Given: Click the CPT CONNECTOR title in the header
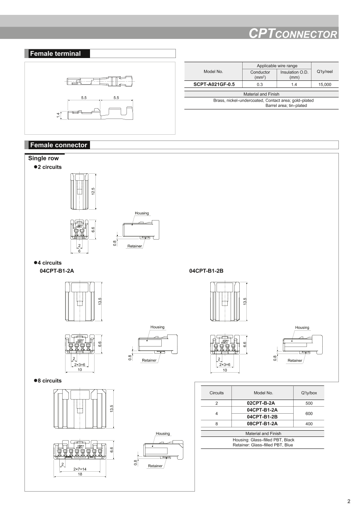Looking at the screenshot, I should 293,34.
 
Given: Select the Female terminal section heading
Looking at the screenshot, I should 55,53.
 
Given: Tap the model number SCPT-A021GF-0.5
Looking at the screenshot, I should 214,84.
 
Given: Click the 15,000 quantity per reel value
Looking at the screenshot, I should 324,84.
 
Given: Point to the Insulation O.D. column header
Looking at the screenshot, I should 294,75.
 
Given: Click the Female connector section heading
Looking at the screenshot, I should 58,145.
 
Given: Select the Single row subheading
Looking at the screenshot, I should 44,158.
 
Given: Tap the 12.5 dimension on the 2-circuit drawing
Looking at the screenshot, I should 94,191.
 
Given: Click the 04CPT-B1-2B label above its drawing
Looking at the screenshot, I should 206,271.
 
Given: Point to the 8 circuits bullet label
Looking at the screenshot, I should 49,381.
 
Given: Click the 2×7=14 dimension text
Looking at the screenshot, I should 80,469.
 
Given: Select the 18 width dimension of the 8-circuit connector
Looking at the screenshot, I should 80,474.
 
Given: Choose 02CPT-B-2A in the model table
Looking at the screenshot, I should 260,403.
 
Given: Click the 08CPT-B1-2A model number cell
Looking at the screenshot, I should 262,424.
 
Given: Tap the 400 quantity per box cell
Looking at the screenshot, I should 309,424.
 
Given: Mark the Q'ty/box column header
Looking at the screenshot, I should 309,393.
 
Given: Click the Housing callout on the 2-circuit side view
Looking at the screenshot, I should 141,213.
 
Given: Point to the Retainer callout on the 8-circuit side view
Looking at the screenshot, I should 155,466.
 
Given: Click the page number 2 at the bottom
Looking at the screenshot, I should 349,501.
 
